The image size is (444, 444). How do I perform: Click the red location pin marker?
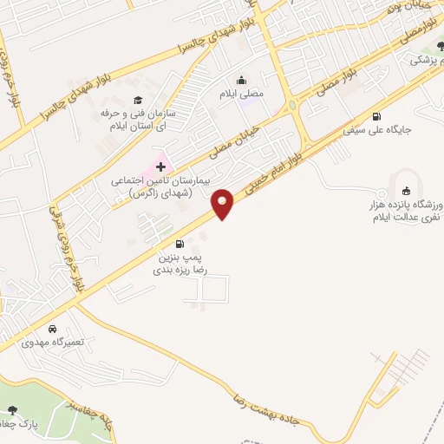point(224,204)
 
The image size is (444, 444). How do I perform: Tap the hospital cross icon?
point(160,166)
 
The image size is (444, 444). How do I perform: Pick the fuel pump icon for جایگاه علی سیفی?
point(375,117)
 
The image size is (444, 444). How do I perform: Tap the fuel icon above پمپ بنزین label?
point(180,244)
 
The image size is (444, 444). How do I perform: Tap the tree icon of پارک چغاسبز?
point(11,409)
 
